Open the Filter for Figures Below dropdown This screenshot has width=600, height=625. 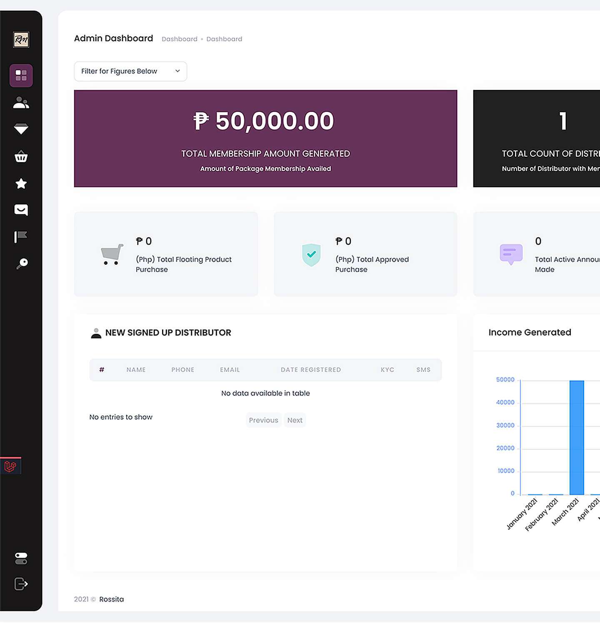click(x=130, y=71)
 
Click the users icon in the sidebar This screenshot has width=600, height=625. click(x=21, y=102)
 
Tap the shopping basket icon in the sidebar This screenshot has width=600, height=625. click(x=21, y=157)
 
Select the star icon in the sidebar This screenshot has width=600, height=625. click(x=21, y=183)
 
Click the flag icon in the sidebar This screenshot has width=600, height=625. click(x=21, y=237)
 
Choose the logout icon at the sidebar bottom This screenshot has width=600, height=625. click(x=21, y=584)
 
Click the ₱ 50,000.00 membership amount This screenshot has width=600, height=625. click(x=264, y=121)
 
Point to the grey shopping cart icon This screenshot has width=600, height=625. click(x=112, y=254)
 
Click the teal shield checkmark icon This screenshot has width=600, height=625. click(x=311, y=255)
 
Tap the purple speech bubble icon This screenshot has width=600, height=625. click(x=511, y=254)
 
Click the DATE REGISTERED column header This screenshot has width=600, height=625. click(x=311, y=370)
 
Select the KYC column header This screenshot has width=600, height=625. click(x=387, y=370)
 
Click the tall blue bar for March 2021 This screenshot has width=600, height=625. click(x=577, y=437)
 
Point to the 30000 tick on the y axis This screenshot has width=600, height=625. click(x=505, y=425)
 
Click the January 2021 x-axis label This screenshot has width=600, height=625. click(x=522, y=514)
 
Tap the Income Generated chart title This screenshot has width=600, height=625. click(x=530, y=332)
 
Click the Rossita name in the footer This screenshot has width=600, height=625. click(x=111, y=599)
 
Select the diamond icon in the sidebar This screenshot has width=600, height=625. click(x=21, y=129)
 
